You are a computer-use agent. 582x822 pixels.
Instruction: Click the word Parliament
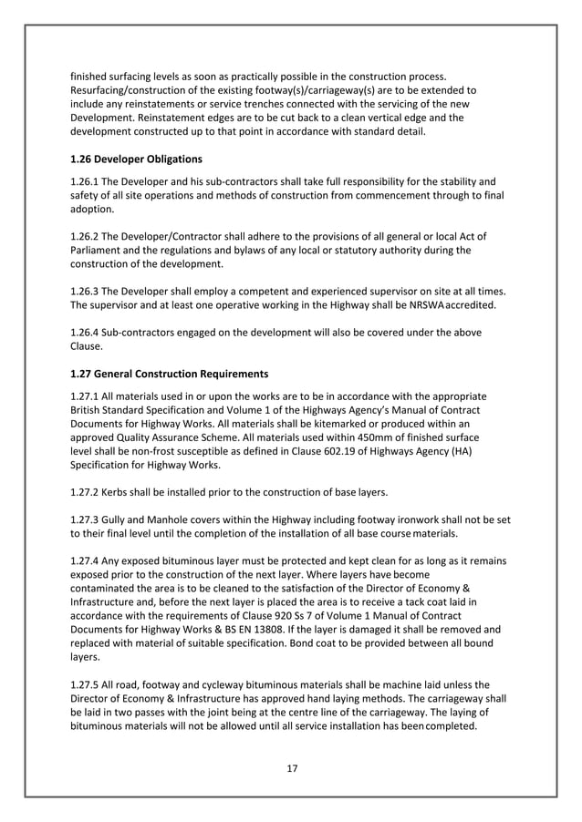(99, 249)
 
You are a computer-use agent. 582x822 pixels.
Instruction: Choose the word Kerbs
(122, 493)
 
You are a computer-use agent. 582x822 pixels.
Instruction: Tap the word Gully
(122, 517)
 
